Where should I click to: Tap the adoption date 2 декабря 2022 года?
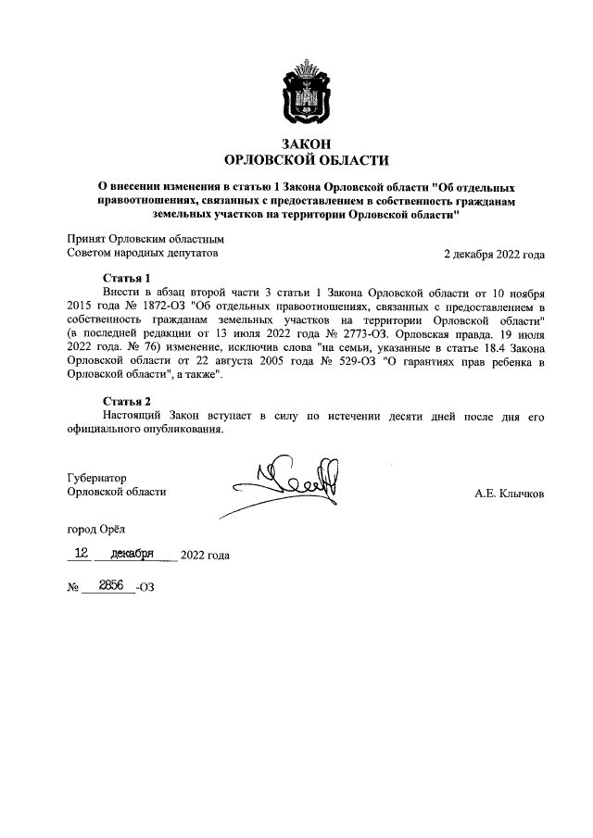494,254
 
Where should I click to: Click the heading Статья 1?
126,278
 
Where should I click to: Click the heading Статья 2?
126,401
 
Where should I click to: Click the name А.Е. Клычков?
509,494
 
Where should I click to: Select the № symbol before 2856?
72,588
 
